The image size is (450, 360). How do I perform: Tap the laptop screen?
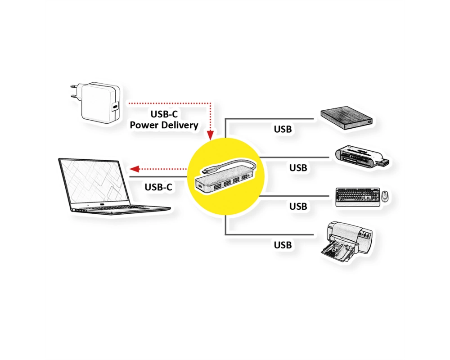[x=94, y=181]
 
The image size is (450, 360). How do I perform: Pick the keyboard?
[x=358, y=197]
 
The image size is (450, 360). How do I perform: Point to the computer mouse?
[x=384, y=196]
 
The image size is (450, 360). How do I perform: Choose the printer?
[x=346, y=242]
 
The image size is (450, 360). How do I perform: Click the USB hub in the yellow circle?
[x=225, y=176]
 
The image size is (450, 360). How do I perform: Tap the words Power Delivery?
[x=164, y=125]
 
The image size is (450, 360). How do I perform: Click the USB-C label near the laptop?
[x=158, y=187]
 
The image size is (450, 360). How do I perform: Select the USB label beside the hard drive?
[x=283, y=129]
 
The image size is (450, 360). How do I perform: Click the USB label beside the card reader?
[x=298, y=168]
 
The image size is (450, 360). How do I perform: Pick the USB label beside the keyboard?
[x=298, y=206]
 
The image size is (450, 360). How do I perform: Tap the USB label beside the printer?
[x=283, y=245]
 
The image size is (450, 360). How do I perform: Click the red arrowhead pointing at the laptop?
[x=135, y=169]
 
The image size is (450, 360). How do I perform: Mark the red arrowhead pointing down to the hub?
[x=211, y=135]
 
